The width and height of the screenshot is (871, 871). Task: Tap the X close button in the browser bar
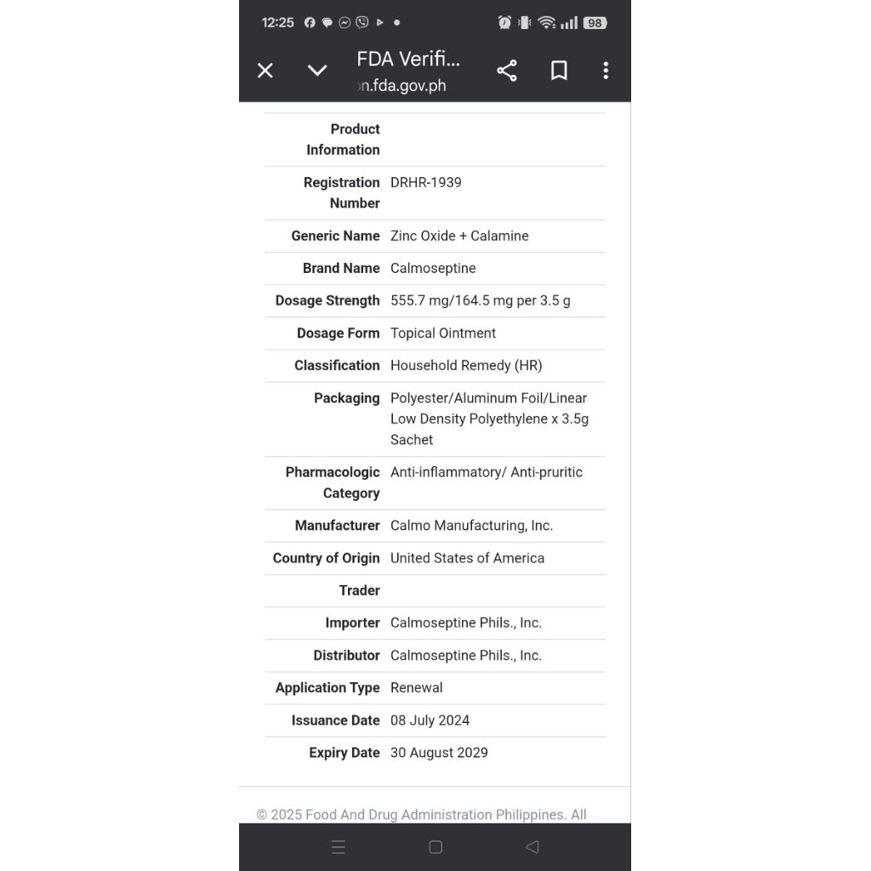click(265, 71)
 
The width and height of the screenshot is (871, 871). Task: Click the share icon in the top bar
click(507, 71)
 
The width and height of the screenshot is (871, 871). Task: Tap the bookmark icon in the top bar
click(559, 71)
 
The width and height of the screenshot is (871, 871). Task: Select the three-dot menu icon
click(606, 71)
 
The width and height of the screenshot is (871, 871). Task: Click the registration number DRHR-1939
click(425, 182)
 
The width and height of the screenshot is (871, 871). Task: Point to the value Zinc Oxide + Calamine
click(459, 236)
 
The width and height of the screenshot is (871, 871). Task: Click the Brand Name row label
click(341, 268)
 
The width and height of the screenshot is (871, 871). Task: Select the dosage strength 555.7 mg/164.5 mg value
click(480, 300)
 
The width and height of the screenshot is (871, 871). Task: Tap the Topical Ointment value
click(442, 333)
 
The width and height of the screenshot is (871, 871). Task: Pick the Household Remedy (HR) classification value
click(465, 365)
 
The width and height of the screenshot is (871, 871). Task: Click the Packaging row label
click(346, 398)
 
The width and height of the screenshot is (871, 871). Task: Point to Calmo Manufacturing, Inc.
click(471, 526)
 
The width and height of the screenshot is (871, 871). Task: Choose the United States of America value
click(467, 558)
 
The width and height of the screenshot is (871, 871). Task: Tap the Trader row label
click(359, 590)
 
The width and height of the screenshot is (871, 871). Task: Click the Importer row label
click(352, 623)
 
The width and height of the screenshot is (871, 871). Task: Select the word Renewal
click(416, 687)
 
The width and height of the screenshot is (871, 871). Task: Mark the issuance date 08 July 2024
click(430, 720)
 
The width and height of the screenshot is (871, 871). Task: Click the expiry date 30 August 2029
click(439, 753)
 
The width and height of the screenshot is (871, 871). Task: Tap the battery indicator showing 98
click(595, 23)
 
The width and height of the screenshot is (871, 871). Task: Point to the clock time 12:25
click(277, 23)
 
